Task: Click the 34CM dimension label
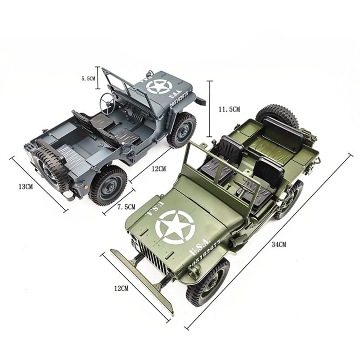click(x=279, y=244)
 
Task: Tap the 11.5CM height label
click(x=229, y=109)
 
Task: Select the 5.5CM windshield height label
click(x=88, y=78)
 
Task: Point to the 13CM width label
click(x=26, y=187)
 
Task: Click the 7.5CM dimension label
click(x=126, y=207)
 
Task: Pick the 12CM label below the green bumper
click(x=121, y=288)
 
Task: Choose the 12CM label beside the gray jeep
click(x=158, y=169)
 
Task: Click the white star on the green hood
click(x=175, y=227)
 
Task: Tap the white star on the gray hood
click(x=159, y=86)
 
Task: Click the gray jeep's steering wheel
click(x=107, y=101)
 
